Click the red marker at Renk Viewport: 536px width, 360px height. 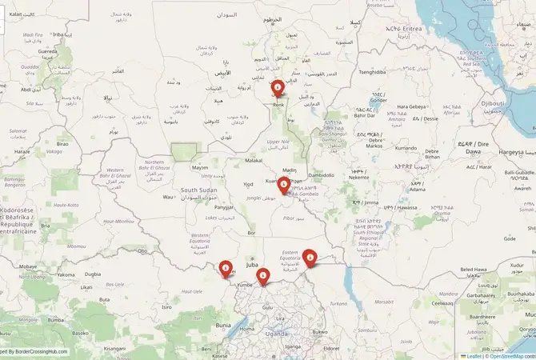click(x=278, y=88)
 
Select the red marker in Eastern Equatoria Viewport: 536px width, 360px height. click(x=310, y=257)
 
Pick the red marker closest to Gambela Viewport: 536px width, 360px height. click(x=283, y=185)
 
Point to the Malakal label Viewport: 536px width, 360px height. click(x=253, y=160)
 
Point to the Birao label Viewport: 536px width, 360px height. click(x=62, y=144)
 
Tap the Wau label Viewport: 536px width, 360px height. click(x=167, y=196)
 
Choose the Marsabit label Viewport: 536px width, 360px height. click(x=383, y=302)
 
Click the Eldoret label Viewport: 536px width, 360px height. click(x=330, y=348)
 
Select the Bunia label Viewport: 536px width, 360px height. click(x=223, y=325)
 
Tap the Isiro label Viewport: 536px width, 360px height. click(x=166, y=306)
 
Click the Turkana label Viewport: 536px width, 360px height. click(x=338, y=303)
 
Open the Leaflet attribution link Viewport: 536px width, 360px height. click(x=473, y=355)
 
